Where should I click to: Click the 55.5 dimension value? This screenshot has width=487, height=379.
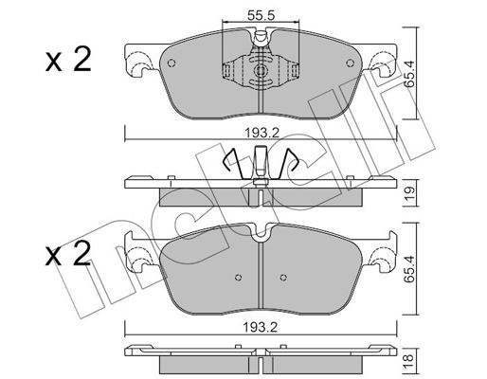click(261, 15)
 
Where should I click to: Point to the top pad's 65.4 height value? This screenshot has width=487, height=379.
click(408, 74)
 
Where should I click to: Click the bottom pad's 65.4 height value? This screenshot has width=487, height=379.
click(409, 269)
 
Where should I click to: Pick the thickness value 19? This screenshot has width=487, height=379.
click(409, 191)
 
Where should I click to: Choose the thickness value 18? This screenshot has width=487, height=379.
click(408, 358)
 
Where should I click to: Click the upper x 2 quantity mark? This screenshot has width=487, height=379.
click(68, 59)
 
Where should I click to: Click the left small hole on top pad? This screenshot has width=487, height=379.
click(171, 63)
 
